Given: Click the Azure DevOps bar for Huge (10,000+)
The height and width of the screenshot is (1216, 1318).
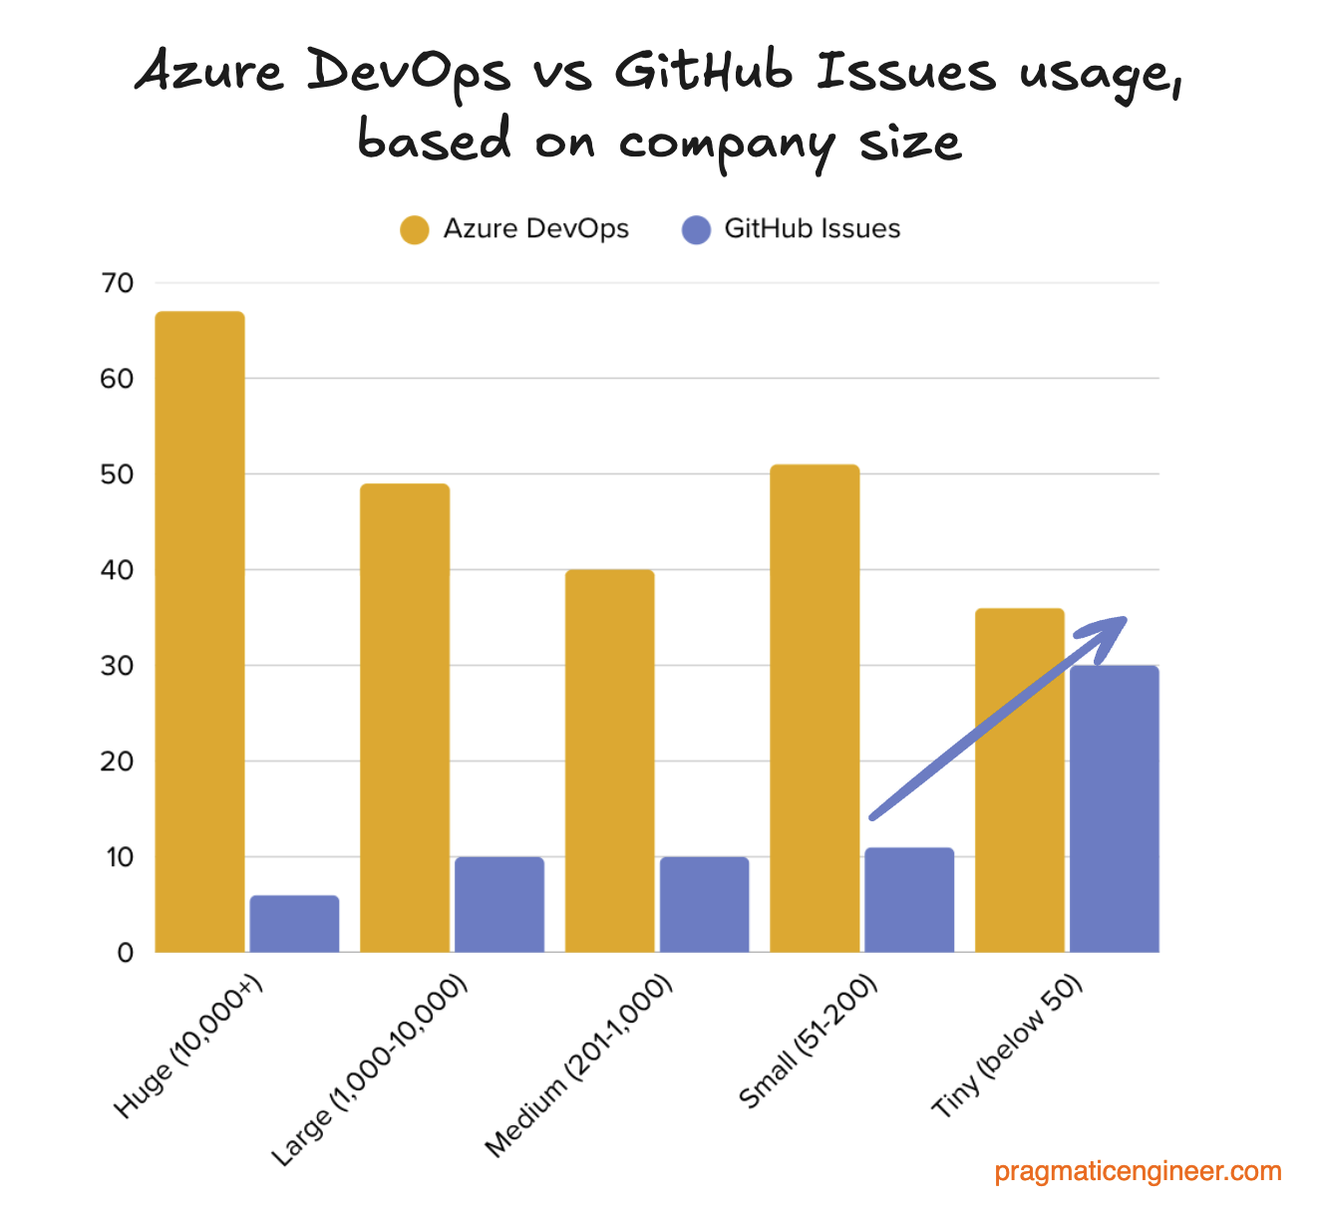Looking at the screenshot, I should coord(199,632).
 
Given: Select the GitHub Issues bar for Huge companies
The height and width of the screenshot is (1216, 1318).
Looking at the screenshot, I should coord(294,924).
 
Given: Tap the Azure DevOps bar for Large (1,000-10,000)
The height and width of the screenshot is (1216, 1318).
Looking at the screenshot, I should coord(405,718).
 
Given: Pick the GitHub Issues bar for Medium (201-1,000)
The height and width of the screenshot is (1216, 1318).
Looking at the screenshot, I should coord(704,905).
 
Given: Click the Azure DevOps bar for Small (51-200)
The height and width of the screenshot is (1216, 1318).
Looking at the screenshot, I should coord(815,708).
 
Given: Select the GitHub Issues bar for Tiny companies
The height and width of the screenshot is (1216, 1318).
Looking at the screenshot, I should coord(1114,808).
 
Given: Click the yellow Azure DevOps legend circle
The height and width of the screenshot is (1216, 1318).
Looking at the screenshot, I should coord(414,229).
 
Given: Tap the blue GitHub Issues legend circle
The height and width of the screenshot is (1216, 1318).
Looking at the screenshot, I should coord(696,229).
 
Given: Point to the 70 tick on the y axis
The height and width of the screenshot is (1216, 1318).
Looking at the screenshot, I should coord(117,283).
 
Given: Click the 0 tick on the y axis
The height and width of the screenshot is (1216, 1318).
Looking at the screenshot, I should coord(125,953).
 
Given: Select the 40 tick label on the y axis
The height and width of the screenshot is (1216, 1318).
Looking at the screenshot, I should coord(117,570).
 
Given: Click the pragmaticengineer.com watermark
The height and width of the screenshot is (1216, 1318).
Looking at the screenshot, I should coord(1138,1171).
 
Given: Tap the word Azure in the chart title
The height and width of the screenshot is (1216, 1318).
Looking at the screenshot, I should coord(210,73).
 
